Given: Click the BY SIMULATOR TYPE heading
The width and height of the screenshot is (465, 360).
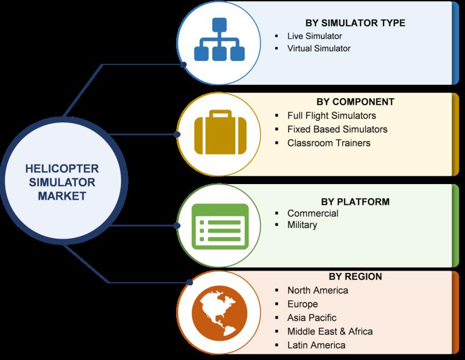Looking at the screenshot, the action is (355, 23).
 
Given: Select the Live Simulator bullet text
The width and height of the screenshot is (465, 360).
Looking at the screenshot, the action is (314, 36).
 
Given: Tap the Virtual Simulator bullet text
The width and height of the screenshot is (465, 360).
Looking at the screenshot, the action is (319, 48).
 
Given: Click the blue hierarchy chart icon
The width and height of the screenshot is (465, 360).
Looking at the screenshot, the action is (220, 39).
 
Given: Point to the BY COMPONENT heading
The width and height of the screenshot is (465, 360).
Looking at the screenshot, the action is (355, 102).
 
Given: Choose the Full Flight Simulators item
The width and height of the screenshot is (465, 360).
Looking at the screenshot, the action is (331, 116).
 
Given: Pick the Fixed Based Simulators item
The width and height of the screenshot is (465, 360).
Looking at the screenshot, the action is (337, 129).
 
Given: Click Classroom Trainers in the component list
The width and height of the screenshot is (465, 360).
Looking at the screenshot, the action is (328, 143).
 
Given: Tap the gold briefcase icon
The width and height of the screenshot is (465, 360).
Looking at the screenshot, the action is (220, 132).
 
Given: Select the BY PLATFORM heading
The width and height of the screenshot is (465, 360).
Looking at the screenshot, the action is (355, 202).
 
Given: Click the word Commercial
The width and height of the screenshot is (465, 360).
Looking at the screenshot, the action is (313, 213).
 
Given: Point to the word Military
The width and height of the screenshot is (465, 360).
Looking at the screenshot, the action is (302, 225).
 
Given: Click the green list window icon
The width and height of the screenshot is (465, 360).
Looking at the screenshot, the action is (220, 226).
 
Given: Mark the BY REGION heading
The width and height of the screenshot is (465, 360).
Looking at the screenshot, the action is (355, 276).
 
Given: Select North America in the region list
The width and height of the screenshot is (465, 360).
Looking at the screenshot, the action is (317, 290).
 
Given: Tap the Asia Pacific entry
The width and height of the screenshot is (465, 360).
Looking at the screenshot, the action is (312, 318).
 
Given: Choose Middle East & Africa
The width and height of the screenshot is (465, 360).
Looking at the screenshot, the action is (330, 332).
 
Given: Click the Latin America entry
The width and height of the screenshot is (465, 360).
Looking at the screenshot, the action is (316, 345).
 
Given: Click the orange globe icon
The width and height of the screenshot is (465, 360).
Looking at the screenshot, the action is (220, 313).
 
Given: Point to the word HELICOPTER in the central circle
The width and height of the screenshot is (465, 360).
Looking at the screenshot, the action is (62, 168).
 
